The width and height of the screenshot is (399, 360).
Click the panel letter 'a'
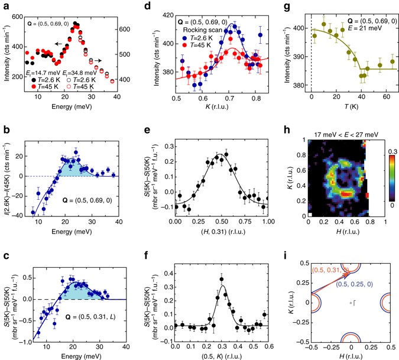pos(5,5)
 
